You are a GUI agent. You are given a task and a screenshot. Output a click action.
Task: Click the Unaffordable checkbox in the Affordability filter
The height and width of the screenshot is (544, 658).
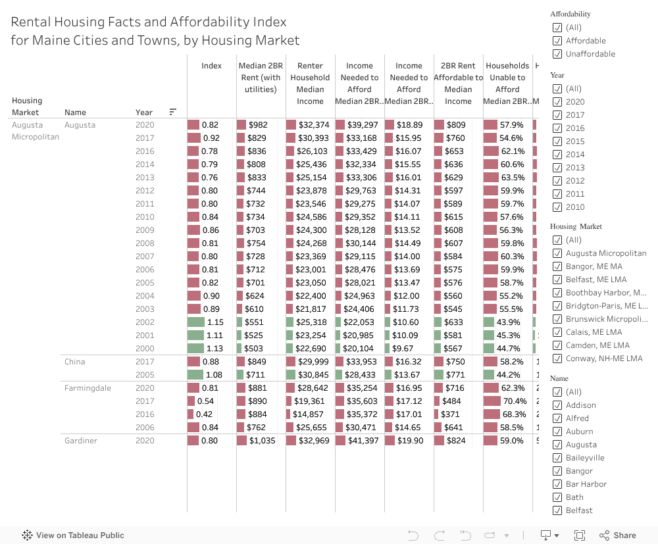557,54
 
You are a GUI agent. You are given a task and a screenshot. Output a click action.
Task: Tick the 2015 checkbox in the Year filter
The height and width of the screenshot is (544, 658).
557,141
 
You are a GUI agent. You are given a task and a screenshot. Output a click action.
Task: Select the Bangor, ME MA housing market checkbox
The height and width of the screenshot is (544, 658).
557,266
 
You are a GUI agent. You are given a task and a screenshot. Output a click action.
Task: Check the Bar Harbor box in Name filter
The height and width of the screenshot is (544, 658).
557,484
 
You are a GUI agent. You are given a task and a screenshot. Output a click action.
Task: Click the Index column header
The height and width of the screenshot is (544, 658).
211,66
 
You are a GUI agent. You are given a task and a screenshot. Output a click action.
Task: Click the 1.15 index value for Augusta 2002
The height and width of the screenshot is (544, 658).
215,322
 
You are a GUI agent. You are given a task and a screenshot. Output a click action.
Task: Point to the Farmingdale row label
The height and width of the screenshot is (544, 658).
88,388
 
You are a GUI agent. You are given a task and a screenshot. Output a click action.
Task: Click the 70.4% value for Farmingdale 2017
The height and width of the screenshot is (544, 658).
515,401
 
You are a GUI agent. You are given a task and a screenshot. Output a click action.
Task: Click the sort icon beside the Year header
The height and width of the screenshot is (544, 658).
173,112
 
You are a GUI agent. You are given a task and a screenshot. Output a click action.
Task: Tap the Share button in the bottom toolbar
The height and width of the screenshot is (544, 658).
618,535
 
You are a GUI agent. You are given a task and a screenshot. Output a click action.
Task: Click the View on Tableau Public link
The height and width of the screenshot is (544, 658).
73,535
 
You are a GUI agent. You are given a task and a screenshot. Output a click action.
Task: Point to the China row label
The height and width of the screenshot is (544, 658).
75,362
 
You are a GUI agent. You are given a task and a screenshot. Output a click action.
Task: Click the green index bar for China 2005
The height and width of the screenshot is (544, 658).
195,375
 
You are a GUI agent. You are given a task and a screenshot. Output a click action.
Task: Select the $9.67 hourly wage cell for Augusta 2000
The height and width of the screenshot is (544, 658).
403,349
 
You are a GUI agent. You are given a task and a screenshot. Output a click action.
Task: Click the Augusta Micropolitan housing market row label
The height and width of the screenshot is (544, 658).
36,131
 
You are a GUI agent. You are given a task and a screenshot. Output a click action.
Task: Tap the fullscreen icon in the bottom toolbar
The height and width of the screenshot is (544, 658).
580,535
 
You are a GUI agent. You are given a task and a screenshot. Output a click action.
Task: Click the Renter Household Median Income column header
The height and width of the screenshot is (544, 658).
310,84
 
